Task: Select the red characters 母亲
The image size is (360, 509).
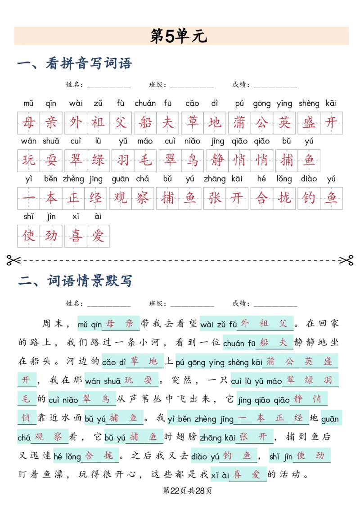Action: (x=120, y=324)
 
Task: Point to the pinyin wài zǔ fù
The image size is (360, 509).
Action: (x=218, y=324)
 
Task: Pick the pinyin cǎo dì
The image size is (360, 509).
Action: (x=115, y=362)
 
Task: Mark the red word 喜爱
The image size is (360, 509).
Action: (x=247, y=475)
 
